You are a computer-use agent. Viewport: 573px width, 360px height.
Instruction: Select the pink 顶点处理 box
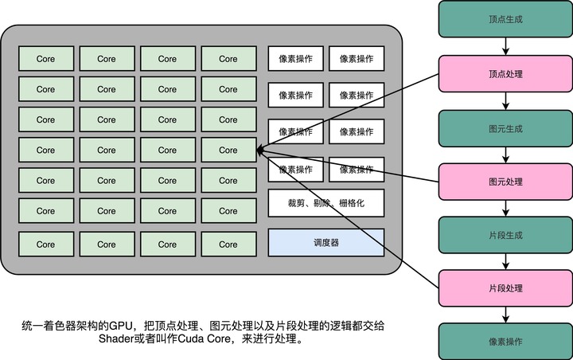click(504, 75)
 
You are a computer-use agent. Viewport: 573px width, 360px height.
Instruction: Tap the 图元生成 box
click(504, 128)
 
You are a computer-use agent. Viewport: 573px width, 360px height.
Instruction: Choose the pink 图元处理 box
click(504, 182)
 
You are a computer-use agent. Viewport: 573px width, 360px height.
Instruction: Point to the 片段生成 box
click(504, 235)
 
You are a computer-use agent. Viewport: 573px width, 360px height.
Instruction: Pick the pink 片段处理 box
click(504, 288)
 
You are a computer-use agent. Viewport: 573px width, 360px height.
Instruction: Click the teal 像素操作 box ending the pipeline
click(504, 341)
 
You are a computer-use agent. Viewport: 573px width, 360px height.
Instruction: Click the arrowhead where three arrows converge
click(259, 150)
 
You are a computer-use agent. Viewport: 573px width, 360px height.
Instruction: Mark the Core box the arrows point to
click(228, 150)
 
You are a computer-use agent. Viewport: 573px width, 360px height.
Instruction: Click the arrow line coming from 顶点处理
click(350, 112)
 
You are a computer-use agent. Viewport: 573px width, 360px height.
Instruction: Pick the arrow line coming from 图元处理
click(350, 166)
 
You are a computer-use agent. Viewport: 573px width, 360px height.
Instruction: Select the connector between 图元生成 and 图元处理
click(504, 155)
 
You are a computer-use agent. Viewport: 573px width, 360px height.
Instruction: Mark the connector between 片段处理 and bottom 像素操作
click(504, 315)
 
